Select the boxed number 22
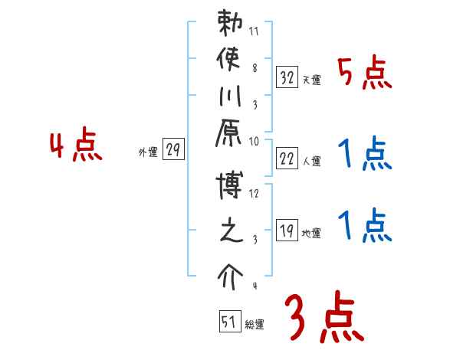click(287, 159)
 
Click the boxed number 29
click(173, 150)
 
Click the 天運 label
click(311, 80)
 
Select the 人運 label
click(311, 162)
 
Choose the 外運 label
click(148, 152)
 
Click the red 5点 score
click(364, 74)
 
